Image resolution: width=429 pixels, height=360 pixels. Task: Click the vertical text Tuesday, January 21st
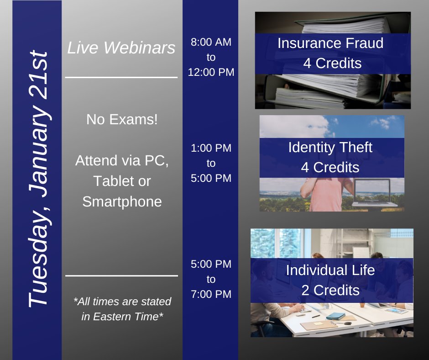point(37,178)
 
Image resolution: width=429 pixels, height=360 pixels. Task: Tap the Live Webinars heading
point(121,48)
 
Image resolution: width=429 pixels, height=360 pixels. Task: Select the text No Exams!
point(122,120)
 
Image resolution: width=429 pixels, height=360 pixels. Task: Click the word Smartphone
point(122,201)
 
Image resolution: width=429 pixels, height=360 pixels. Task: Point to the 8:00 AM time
point(211,42)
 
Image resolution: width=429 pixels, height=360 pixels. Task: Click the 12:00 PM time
point(211,72)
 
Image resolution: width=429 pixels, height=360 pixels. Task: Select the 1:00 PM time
point(211,148)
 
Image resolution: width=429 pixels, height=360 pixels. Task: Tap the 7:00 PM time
point(211,294)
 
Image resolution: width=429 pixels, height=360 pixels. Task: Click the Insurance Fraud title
point(330,43)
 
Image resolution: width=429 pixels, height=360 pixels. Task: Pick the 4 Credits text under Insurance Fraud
point(332,64)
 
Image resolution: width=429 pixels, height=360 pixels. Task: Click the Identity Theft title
point(330,148)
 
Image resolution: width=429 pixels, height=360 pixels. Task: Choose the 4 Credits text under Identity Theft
point(330,168)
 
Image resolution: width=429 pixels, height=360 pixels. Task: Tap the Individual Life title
point(330,270)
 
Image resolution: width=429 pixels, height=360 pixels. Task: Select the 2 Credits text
point(330,290)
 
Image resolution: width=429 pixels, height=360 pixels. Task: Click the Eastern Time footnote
point(122,309)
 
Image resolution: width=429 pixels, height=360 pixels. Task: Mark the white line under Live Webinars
point(121,78)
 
